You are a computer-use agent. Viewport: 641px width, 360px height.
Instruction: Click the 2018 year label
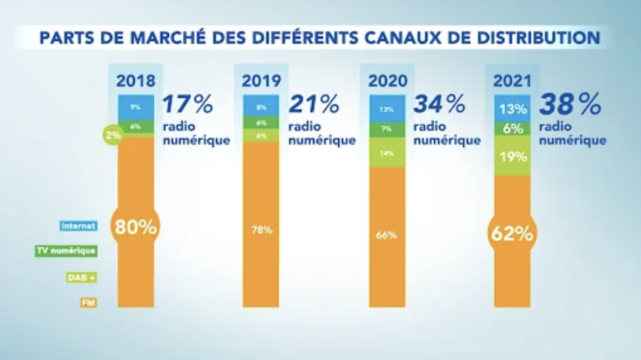click(x=136, y=81)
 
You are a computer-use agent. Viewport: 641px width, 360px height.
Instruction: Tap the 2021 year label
click(x=512, y=81)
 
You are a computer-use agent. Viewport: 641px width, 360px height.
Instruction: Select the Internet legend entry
click(x=79, y=226)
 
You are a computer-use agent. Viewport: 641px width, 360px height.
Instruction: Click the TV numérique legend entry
click(x=66, y=251)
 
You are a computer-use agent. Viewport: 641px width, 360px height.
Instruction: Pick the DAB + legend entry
click(x=82, y=278)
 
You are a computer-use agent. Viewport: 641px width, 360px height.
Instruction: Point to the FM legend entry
click(x=89, y=303)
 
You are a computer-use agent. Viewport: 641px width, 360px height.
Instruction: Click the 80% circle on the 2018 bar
click(x=135, y=227)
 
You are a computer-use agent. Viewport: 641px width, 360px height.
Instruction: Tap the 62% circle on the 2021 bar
click(x=512, y=234)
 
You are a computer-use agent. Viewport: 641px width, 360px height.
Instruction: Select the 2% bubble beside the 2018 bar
click(x=113, y=135)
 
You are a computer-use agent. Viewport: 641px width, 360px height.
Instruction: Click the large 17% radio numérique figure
click(x=188, y=104)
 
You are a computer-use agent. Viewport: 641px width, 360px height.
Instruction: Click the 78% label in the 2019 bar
click(x=261, y=230)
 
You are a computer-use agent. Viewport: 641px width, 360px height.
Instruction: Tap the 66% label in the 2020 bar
click(x=386, y=235)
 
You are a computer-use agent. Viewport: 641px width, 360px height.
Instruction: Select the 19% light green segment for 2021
click(x=513, y=157)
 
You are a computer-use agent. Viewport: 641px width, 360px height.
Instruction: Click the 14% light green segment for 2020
click(x=387, y=153)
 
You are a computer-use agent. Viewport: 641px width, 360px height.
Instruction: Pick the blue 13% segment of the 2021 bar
click(x=513, y=109)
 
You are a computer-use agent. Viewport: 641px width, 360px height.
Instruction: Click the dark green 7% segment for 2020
click(x=387, y=129)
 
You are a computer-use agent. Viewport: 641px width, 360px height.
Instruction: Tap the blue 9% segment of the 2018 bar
click(x=136, y=107)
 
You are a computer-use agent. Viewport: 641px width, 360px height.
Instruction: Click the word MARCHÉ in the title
click(x=168, y=38)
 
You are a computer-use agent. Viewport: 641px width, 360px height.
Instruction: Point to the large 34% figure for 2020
click(x=439, y=104)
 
